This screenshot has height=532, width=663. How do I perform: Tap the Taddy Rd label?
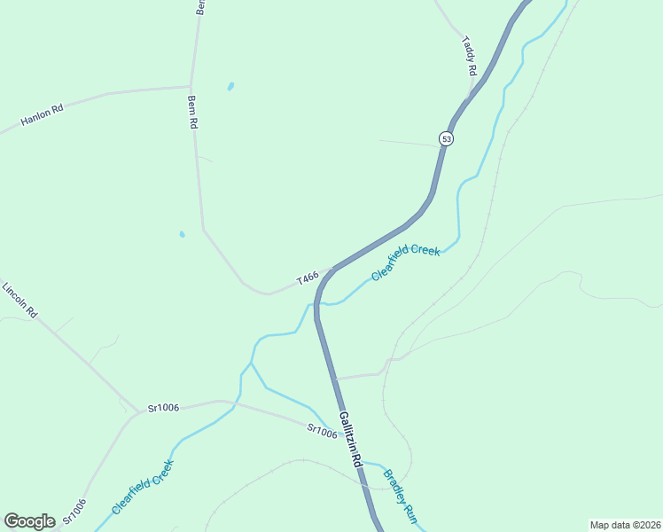click(x=470, y=57)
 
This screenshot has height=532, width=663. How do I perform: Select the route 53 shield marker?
click(x=446, y=138)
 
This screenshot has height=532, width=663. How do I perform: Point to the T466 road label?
click(x=308, y=278)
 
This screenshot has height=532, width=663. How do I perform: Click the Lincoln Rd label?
click(x=19, y=301)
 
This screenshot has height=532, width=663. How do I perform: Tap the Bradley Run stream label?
click(x=399, y=494)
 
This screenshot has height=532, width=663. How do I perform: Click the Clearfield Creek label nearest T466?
click(x=405, y=263)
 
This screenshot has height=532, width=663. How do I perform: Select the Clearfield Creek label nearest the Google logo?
click(x=143, y=487)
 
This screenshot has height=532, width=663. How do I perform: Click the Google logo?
click(x=29, y=521)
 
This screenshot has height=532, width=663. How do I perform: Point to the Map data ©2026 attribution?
click(x=625, y=525)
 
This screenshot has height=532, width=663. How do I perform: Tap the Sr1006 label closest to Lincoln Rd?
click(x=163, y=408)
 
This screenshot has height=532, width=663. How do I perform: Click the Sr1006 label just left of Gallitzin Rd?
click(x=323, y=430)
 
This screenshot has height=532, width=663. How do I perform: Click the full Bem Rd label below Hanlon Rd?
click(x=192, y=113)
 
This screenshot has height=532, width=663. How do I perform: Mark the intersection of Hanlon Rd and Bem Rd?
click(x=191, y=87)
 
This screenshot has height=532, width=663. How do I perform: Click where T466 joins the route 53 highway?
click(x=332, y=269)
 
